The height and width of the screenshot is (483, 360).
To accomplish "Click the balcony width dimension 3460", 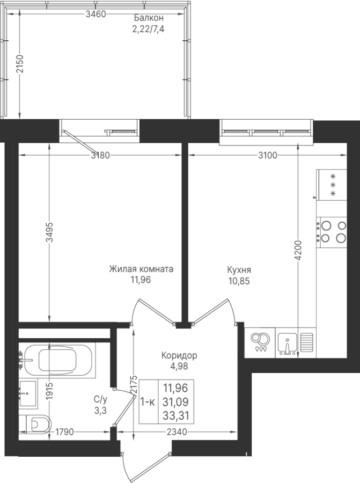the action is pyautogui.click(x=96, y=14).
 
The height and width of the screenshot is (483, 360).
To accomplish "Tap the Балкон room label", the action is pyautogui.click(x=149, y=18).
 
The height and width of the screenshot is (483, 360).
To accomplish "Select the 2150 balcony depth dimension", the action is pyautogui.click(x=20, y=64).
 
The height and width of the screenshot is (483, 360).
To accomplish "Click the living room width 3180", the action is pyautogui.click(x=100, y=155).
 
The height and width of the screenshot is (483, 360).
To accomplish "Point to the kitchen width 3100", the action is pyautogui.click(x=268, y=155).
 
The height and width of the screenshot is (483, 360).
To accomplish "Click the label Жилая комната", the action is pyautogui.click(x=141, y=269).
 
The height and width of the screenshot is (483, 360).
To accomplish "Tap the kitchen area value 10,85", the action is pyautogui.click(x=239, y=281).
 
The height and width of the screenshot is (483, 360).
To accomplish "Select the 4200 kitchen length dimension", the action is pyautogui.click(x=298, y=251).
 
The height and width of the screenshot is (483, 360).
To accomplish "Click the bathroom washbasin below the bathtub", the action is pyautogui.click(x=28, y=393).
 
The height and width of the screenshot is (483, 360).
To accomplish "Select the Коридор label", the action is pyautogui.click(x=179, y=355).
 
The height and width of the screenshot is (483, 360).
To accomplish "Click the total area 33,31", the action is pyautogui.click(x=175, y=416).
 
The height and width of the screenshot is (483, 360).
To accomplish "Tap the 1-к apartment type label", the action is pyautogui.click(x=148, y=402).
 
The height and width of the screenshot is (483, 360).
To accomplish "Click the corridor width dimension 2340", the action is pyautogui.click(x=177, y=432).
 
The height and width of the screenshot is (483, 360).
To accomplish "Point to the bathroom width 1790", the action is pyautogui.click(x=64, y=432).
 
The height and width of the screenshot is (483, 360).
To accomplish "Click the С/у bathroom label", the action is pyautogui.click(x=101, y=400).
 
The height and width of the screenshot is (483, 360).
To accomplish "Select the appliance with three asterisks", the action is pyautogui.click(x=333, y=185).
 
